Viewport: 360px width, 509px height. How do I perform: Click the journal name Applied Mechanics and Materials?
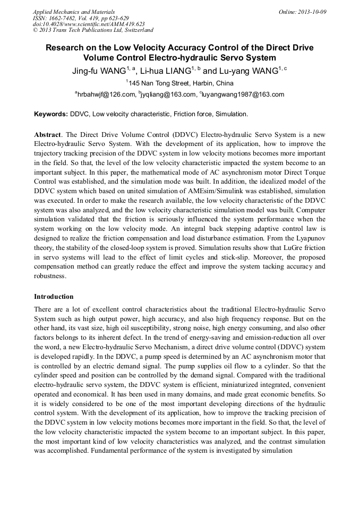(73, 11)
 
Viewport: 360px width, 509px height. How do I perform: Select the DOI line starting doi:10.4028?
(88, 24)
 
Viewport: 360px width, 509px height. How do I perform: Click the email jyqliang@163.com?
(169, 94)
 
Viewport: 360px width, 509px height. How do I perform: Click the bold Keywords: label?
(52, 114)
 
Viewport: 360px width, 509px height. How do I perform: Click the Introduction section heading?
(54, 296)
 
